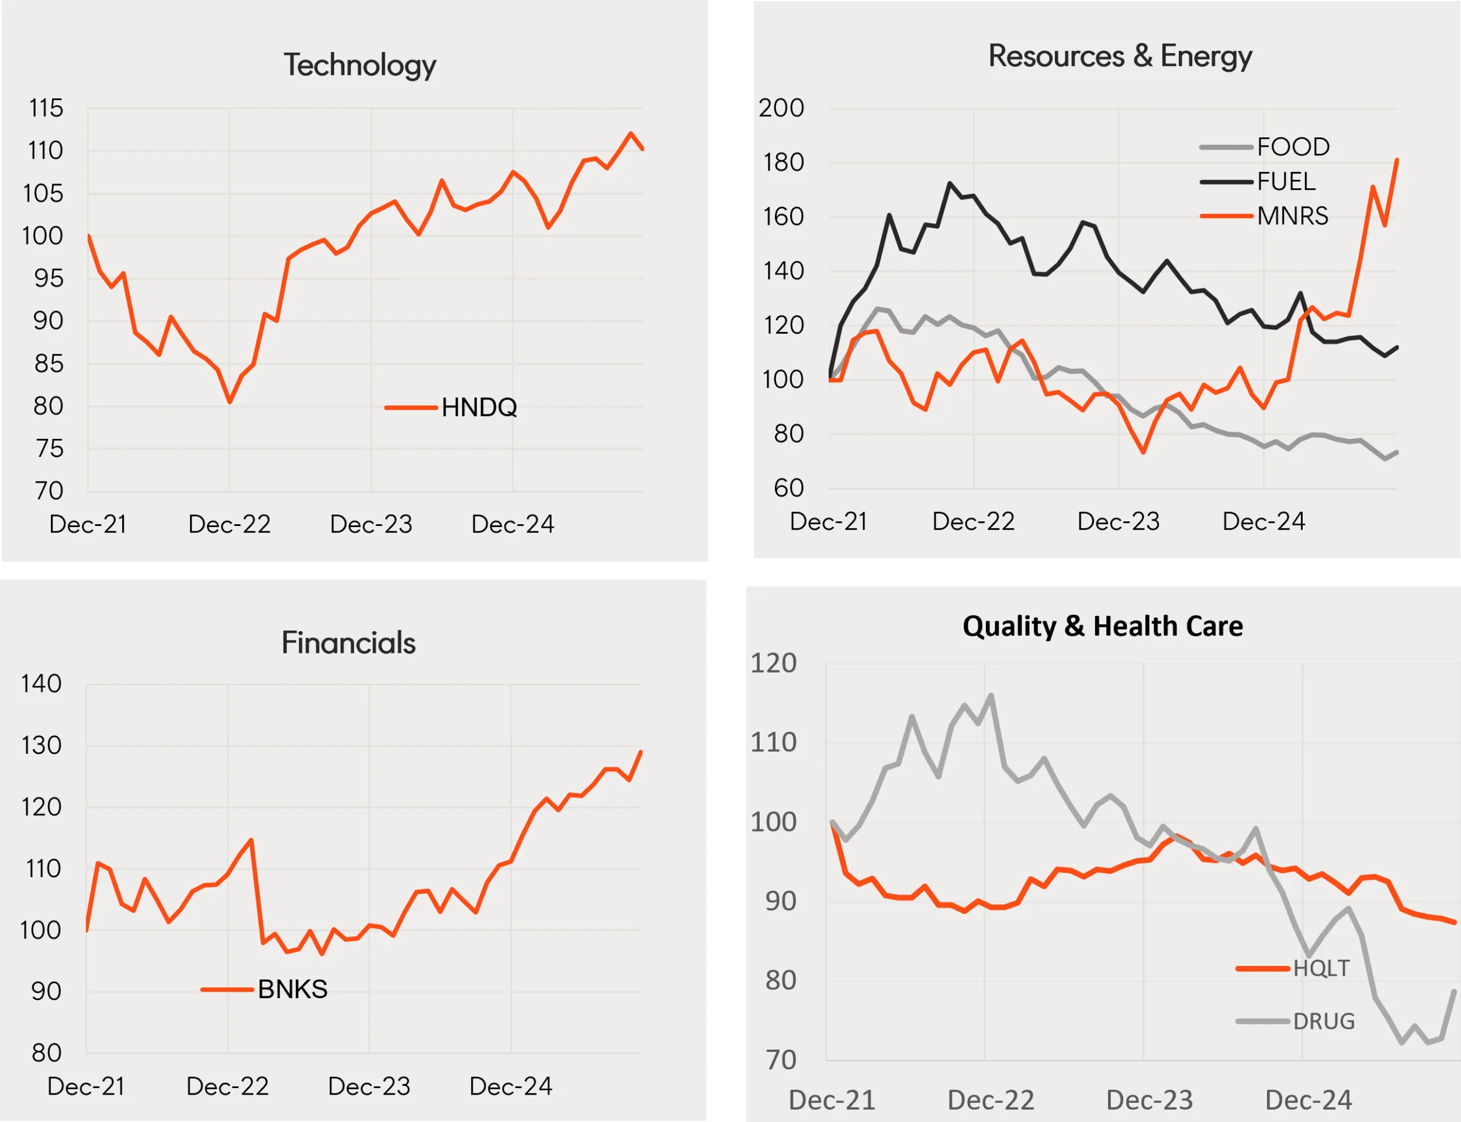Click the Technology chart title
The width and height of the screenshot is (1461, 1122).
point(360,65)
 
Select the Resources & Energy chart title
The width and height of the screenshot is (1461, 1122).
point(1120,57)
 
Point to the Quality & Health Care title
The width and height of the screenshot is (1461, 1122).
point(1102,626)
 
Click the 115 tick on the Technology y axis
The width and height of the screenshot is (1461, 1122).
point(46,108)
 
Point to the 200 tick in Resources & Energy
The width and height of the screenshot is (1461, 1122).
point(781,108)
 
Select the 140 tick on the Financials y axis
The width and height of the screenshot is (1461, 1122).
point(41,684)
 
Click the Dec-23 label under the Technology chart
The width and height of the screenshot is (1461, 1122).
point(371,524)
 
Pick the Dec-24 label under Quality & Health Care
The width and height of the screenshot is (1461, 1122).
point(1308,1100)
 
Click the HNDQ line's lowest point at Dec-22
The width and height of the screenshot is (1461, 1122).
point(230,402)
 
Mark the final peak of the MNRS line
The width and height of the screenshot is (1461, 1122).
point(1397,160)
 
